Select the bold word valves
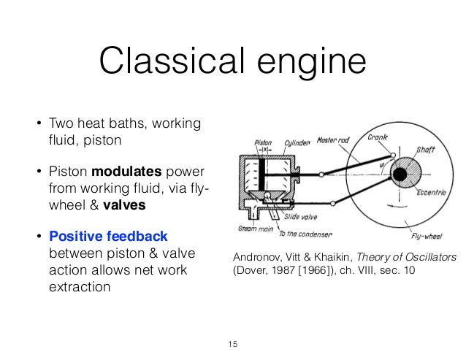click(x=123, y=205)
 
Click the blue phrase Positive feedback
click(x=108, y=237)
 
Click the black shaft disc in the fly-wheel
click(x=399, y=175)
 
